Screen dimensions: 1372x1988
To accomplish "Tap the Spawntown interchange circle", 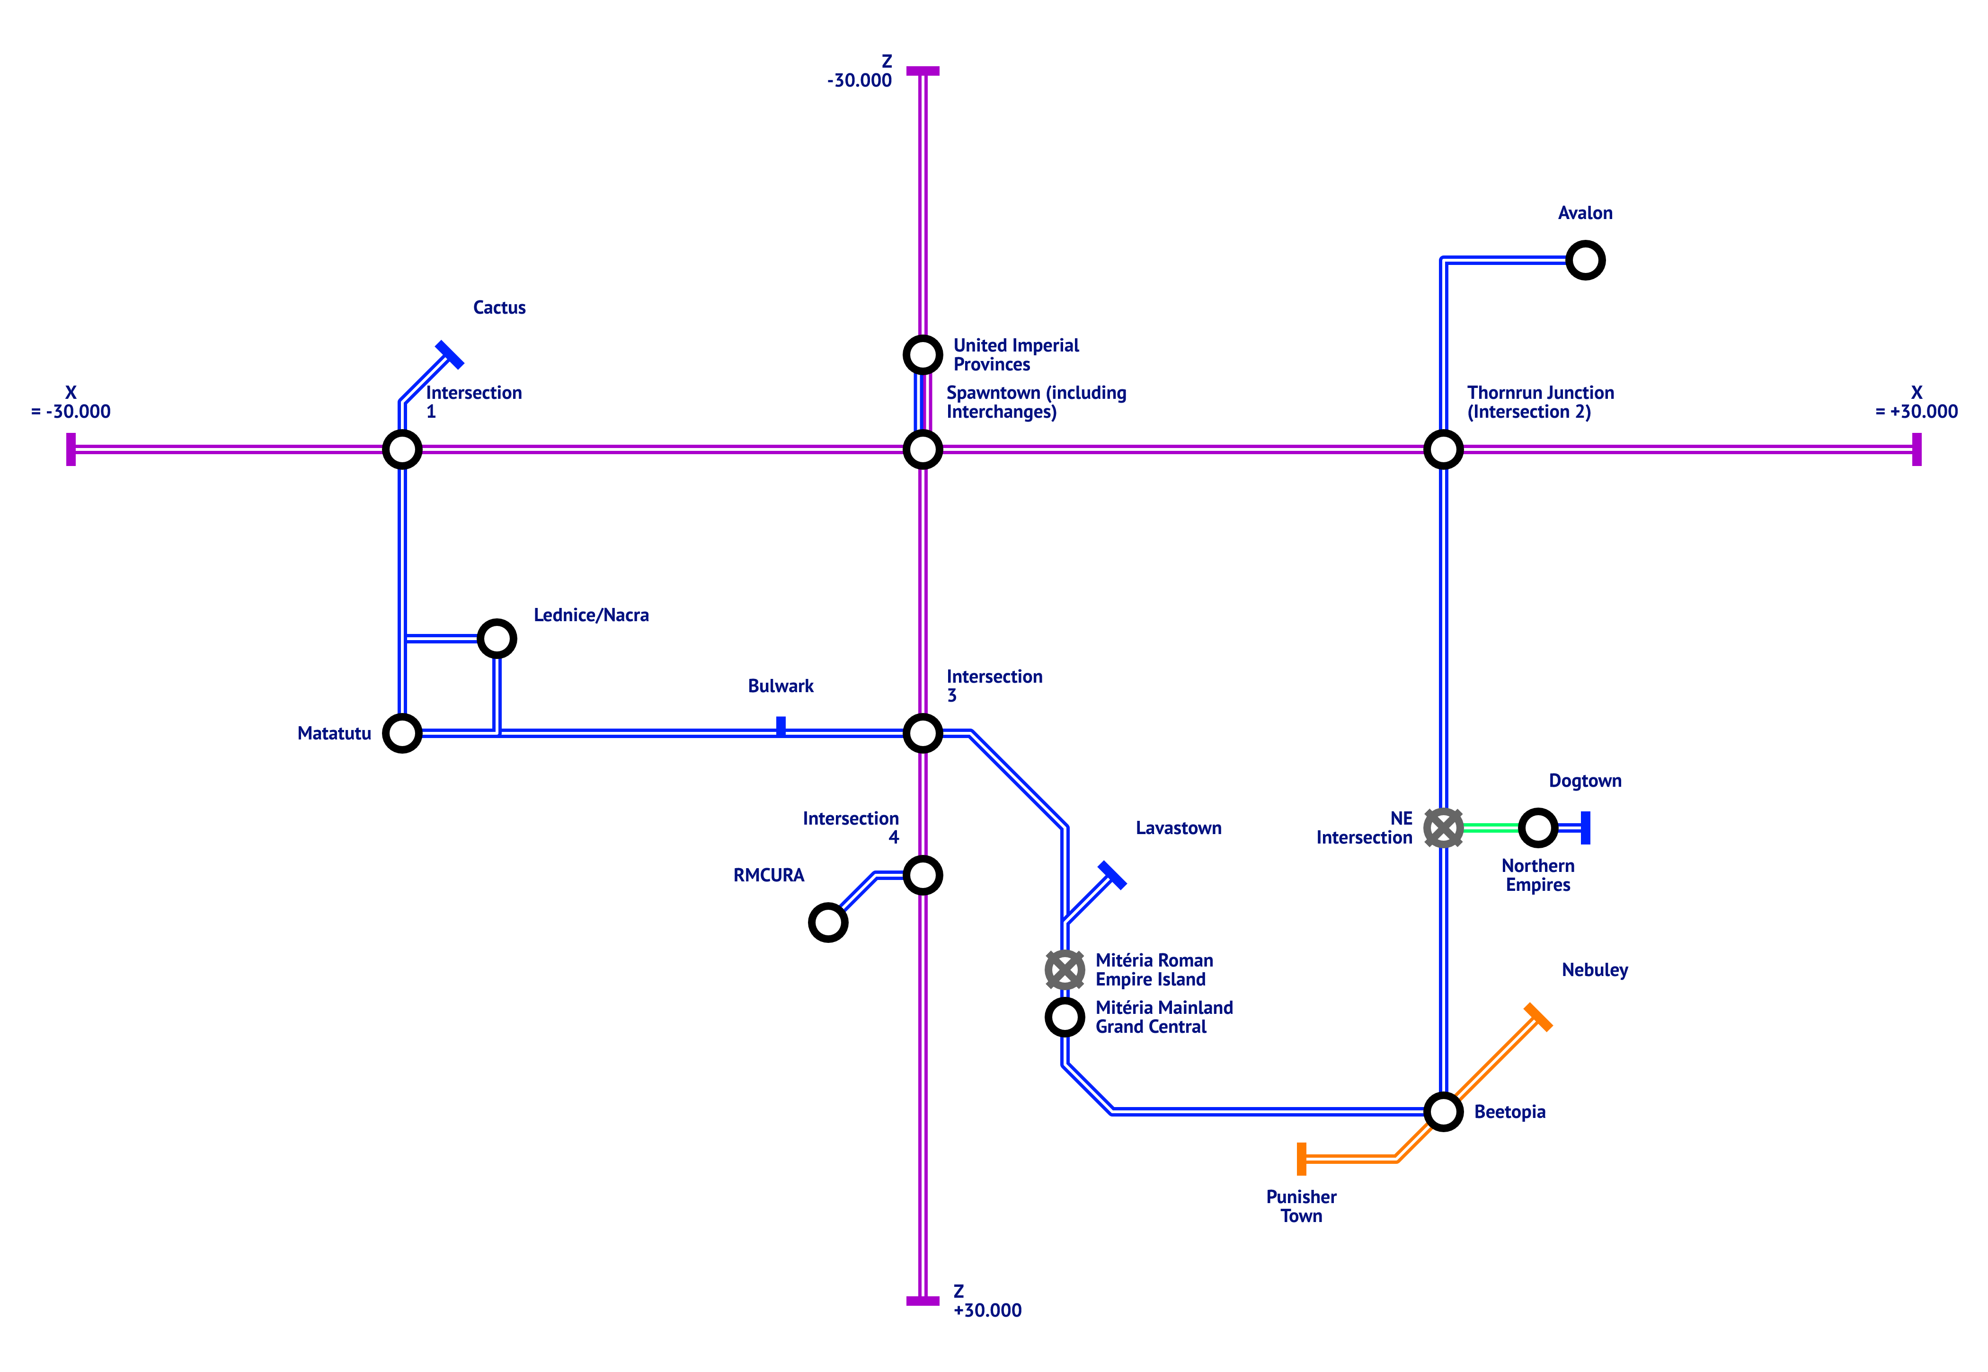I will coord(923,449).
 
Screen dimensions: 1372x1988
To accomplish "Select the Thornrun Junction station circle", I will coord(1443,449).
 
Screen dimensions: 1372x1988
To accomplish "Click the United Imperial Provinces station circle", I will coord(923,354).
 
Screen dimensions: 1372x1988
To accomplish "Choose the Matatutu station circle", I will coord(401,733).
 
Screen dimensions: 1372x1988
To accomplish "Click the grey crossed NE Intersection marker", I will coord(1443,828).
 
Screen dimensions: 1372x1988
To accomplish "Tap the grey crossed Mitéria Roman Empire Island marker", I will coord(1065,970).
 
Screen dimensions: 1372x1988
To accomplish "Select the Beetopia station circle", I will coord(1443,1111).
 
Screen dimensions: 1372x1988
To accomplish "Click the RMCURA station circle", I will coord(828,923).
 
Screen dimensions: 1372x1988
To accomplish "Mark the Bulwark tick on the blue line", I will coord(781,726).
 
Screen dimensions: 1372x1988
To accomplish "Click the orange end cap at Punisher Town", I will coord(1302,1159).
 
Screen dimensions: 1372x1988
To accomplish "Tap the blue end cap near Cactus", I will coord(449,354).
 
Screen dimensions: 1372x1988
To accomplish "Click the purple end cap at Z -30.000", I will coord(923,70).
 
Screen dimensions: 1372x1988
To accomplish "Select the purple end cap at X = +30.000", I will coord(1917,449).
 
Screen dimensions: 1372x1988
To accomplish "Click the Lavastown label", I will coord(1178,828).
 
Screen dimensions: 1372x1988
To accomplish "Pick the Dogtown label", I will coord(1585,781).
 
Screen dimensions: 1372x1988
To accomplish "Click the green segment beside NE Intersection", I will coord(1490,828).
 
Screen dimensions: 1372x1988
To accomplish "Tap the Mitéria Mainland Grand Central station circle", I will coord(1065,1017).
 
